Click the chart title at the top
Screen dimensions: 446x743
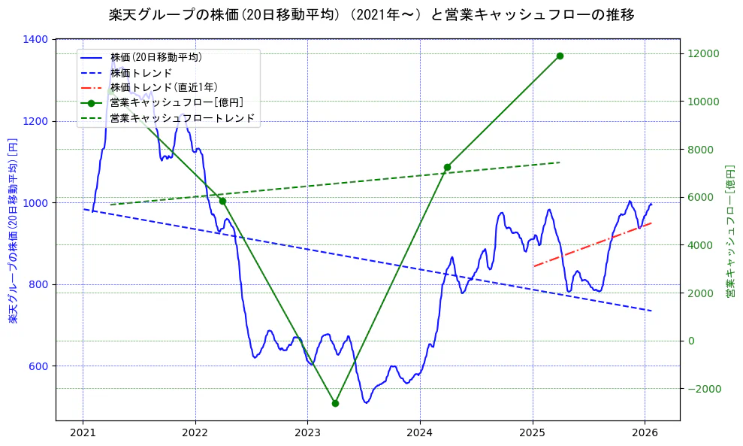371,14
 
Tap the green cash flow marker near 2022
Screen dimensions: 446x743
222,201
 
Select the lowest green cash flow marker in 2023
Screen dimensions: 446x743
335,403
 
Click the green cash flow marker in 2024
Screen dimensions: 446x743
447,167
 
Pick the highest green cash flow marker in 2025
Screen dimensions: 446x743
560,56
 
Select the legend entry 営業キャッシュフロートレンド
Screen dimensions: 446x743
182,118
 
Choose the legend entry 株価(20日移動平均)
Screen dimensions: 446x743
156,56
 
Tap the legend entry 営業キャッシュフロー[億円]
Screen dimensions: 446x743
176,102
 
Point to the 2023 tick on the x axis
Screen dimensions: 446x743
307,433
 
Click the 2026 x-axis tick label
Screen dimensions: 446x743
645,433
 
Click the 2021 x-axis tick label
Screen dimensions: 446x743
83,433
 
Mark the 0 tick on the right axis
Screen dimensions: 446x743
691,341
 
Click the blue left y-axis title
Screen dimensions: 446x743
13,230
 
